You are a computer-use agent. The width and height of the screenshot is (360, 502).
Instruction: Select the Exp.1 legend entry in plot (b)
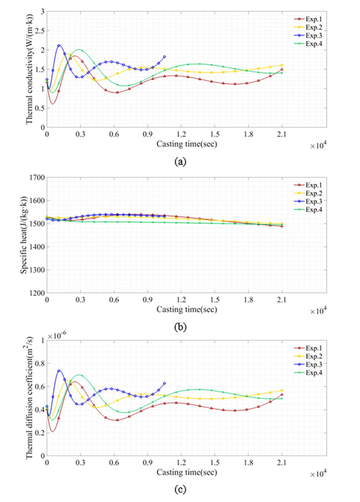(x=307, y=185)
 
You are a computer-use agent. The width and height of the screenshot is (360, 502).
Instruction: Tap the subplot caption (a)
(x=181, y=162)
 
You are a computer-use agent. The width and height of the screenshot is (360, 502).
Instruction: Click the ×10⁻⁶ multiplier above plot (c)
(x=58, y=335)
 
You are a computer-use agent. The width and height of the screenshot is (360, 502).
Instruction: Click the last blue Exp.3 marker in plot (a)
(x=164, y=57)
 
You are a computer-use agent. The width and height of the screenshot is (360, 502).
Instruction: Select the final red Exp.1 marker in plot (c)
(x=282, y=395)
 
